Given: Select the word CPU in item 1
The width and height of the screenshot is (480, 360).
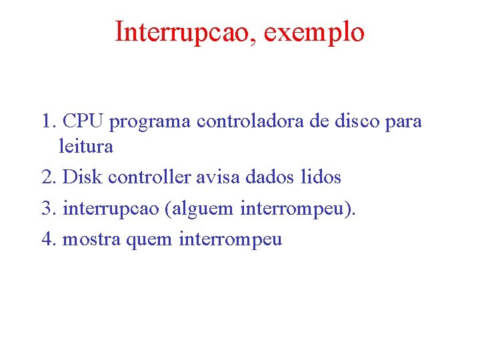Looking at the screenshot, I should click(84, 122).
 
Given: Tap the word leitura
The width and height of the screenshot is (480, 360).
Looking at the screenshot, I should click(86, 146).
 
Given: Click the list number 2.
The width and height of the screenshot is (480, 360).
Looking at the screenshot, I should click(47, 177).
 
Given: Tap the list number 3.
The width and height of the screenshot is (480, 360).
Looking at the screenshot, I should click(47, 208).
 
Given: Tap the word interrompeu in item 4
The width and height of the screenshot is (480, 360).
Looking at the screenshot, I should click(231, 239).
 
